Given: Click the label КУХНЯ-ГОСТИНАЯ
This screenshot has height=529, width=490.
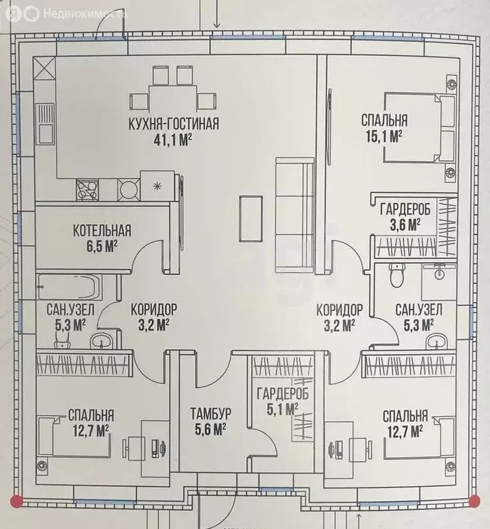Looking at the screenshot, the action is click(173, 123).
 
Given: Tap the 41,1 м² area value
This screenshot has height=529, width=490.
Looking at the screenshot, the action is click(173, 139).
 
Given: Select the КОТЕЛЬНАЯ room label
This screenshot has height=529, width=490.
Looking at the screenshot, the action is click(102, 231).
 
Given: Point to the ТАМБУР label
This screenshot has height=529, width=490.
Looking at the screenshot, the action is click(211, 413).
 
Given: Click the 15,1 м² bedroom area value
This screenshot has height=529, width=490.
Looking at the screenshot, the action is click(384, 136).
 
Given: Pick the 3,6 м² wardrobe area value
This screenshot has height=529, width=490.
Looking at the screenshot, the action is click(405, 225).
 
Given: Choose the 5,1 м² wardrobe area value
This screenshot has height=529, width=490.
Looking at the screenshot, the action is click(282, 410).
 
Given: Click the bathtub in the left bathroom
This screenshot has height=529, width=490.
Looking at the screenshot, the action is click(70, 287).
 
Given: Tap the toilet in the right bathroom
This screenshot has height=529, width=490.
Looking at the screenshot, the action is click(396, 275).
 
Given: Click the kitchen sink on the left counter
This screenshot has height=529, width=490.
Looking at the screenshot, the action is click(45, 123).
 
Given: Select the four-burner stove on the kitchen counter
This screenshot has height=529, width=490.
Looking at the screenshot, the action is click(87, 190).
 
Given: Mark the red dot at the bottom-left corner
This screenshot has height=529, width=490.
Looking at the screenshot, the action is click(17, 501).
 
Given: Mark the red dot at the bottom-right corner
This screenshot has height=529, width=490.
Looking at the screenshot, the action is click(474, 501).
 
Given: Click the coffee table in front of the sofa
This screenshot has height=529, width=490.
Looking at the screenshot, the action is click(251, 218).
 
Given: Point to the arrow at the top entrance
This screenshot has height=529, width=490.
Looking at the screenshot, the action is click(217, 14).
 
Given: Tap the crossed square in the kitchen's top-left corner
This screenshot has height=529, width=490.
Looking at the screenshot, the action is click(45, 68).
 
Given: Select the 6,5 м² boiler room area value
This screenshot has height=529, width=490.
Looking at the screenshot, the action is click(102, 247).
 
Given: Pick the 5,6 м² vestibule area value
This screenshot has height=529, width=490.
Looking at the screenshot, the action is click(211, 429).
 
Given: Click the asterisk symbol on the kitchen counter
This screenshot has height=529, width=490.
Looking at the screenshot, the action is click(157, 186).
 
